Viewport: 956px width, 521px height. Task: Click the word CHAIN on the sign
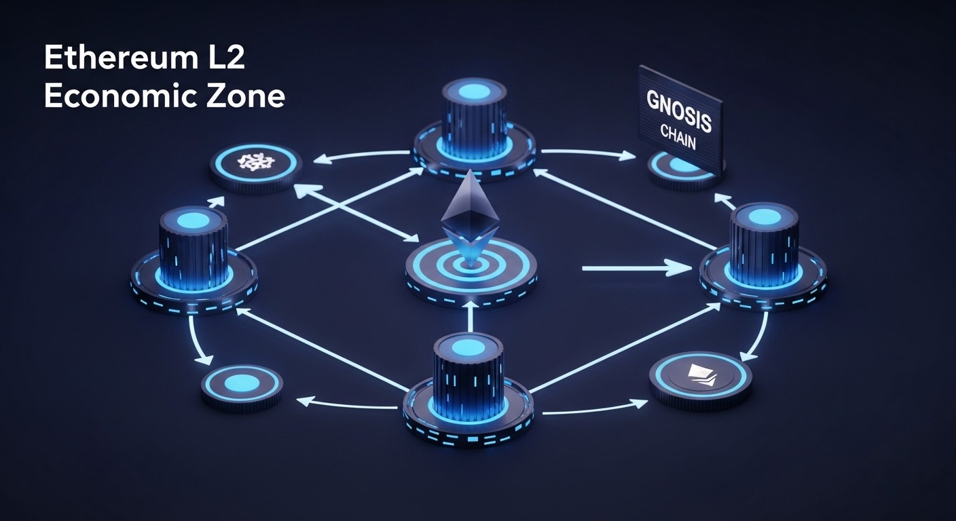(x=678, y=136)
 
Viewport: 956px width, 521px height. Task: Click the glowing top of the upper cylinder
(x=474, y=90)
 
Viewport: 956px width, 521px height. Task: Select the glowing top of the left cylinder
(x=193, y=220)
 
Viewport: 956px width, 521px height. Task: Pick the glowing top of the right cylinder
(x=765, y=216)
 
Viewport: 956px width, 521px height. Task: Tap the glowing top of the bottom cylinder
(x=468, y=347)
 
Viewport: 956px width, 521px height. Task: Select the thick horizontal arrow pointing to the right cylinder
(x=637, y=268)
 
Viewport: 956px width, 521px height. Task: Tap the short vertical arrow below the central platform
(x=470, y=315)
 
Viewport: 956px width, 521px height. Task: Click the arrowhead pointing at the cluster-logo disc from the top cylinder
(x=323, y=160)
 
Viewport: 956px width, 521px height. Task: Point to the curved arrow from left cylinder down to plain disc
(x=196, y=341)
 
